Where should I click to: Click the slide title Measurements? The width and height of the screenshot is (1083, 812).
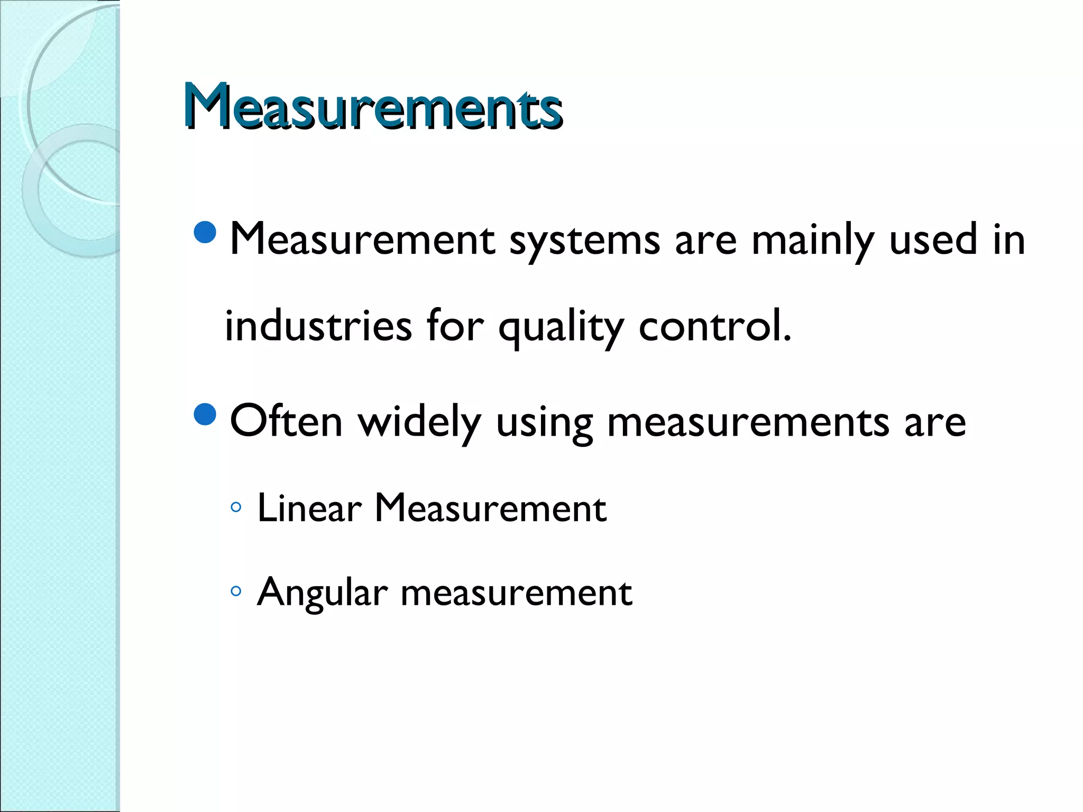pyautogui.click(x=372, y=107)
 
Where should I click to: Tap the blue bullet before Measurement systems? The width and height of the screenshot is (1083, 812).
pyautogui.click(x=205, y=233)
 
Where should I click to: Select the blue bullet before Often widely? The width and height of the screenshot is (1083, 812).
pyautogui.click(x=205, y=414)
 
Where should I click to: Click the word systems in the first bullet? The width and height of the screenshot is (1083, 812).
pyautogui.click(x=585, y=241)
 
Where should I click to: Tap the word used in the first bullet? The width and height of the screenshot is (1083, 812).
pyautogui.click(x=933, y=240)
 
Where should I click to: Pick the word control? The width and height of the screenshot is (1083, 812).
pyautogui.click(x=714, y=326)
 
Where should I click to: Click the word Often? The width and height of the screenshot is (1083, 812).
pyautogui.click(x=286, y=421)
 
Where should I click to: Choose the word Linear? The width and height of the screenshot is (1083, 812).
pyautogui.click(x=309, y=508)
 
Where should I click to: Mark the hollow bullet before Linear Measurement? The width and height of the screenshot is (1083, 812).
pyautogui.click(x=236, y=508)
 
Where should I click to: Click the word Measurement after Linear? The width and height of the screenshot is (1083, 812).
pyautogui.click(x=490, y=508)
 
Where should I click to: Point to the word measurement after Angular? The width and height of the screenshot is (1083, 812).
pyautogui.click(x=516, y=592)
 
